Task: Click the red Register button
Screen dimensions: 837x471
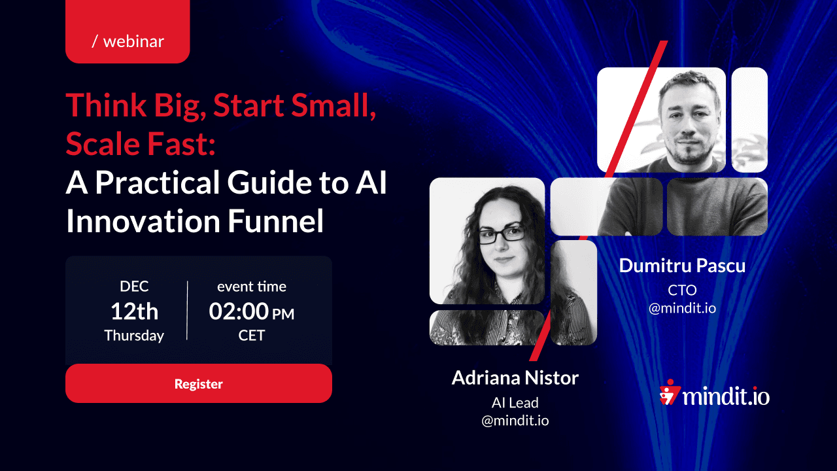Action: coord(198,383)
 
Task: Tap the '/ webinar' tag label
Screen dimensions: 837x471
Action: coord(128,41)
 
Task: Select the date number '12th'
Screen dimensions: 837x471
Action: coord(135,311)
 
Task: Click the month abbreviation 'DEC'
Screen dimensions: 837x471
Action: coord(134,287)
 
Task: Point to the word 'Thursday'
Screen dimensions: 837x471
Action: coord(134,336)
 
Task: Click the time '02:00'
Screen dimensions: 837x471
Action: coord(239,311)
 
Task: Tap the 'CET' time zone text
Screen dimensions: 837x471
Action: coord(252,336)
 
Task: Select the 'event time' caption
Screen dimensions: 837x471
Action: coord(252,287)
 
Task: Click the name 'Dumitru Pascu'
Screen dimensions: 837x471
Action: coord(682,266)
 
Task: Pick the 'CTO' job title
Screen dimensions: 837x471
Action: coord(682,290)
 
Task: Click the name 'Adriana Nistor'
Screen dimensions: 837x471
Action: coord(515,378)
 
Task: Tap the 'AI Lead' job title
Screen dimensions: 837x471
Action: coord(515,402)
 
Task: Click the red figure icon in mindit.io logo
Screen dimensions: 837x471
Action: coord(669,392)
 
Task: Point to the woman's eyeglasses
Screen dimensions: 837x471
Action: coord(502,235)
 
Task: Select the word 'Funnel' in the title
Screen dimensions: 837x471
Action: coord(275,221)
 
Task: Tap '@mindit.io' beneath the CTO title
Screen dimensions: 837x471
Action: coord(682,308)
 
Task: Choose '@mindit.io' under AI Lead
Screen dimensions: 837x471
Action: coord(515,421)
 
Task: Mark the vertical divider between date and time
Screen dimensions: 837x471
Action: coord(187,311)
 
